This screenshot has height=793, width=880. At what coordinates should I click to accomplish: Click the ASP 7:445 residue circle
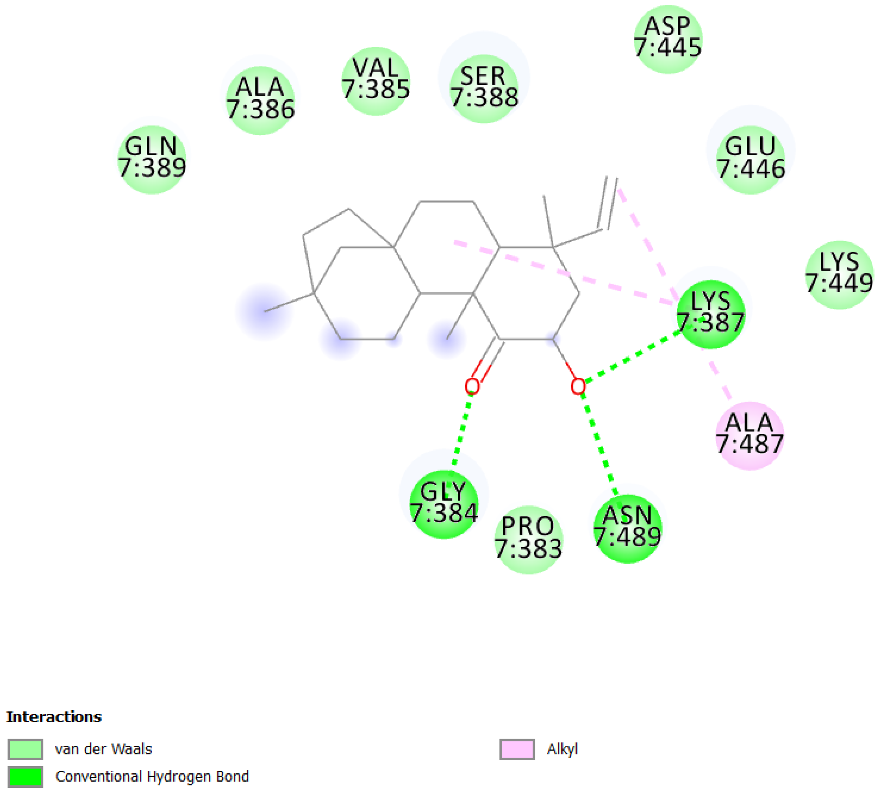coord(667,40)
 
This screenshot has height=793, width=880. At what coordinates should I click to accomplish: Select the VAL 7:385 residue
coord(375,81)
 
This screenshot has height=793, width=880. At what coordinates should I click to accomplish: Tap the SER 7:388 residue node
coord(484,89)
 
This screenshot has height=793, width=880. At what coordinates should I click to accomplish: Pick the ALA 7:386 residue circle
coord(260,100)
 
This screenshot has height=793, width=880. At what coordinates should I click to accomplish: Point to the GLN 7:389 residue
coord(152,160)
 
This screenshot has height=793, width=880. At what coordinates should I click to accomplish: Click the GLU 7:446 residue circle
coord(751,160)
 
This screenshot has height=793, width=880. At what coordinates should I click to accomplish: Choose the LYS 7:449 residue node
coord(839,275)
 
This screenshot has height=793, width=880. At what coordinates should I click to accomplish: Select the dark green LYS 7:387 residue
coord(711,314)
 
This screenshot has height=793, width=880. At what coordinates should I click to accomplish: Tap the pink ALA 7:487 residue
coord(749,435)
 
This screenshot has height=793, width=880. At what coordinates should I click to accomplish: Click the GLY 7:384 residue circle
coord(444,504)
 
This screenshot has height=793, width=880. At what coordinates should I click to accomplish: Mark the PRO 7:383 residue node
coord(528,539)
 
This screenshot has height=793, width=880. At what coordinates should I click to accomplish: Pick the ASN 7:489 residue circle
coord(628,529)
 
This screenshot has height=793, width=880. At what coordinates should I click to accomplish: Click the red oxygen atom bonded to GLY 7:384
coord(472,386)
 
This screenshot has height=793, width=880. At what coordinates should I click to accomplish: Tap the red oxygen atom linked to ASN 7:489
coord(578,386)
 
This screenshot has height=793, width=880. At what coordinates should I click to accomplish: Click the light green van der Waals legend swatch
coord(25,749)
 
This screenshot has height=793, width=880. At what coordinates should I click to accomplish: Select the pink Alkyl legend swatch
coord(517,749)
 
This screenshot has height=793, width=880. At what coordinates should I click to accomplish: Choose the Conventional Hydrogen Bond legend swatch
coord(25,777)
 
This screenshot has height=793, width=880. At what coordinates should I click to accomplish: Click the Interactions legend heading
coord(54,717)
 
